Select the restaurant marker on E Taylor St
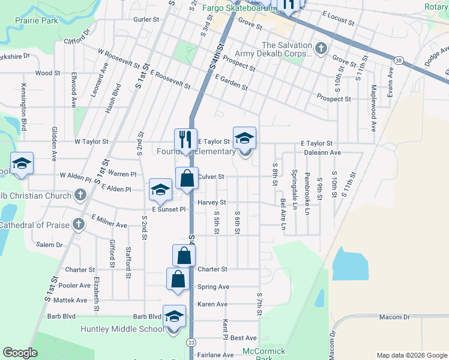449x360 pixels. (x=186, y=140)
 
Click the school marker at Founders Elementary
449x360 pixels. (x=244, y=139)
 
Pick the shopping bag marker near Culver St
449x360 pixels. (x=187, y=178)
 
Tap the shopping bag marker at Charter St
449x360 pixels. (x=184, y=256)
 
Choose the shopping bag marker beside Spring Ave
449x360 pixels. (x=178, y=279)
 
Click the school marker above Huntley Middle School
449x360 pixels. (x=174, y=316)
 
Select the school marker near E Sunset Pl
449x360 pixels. (x=161, y=190)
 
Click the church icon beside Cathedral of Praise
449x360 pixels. (x=78, y=224)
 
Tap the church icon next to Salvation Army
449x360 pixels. (x=321, y=48)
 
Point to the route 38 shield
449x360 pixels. (x=399, y=60)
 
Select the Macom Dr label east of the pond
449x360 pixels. (x=394, y=316)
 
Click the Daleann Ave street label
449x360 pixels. (x=322, y=153)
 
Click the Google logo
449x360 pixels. (x=20, y=353)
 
